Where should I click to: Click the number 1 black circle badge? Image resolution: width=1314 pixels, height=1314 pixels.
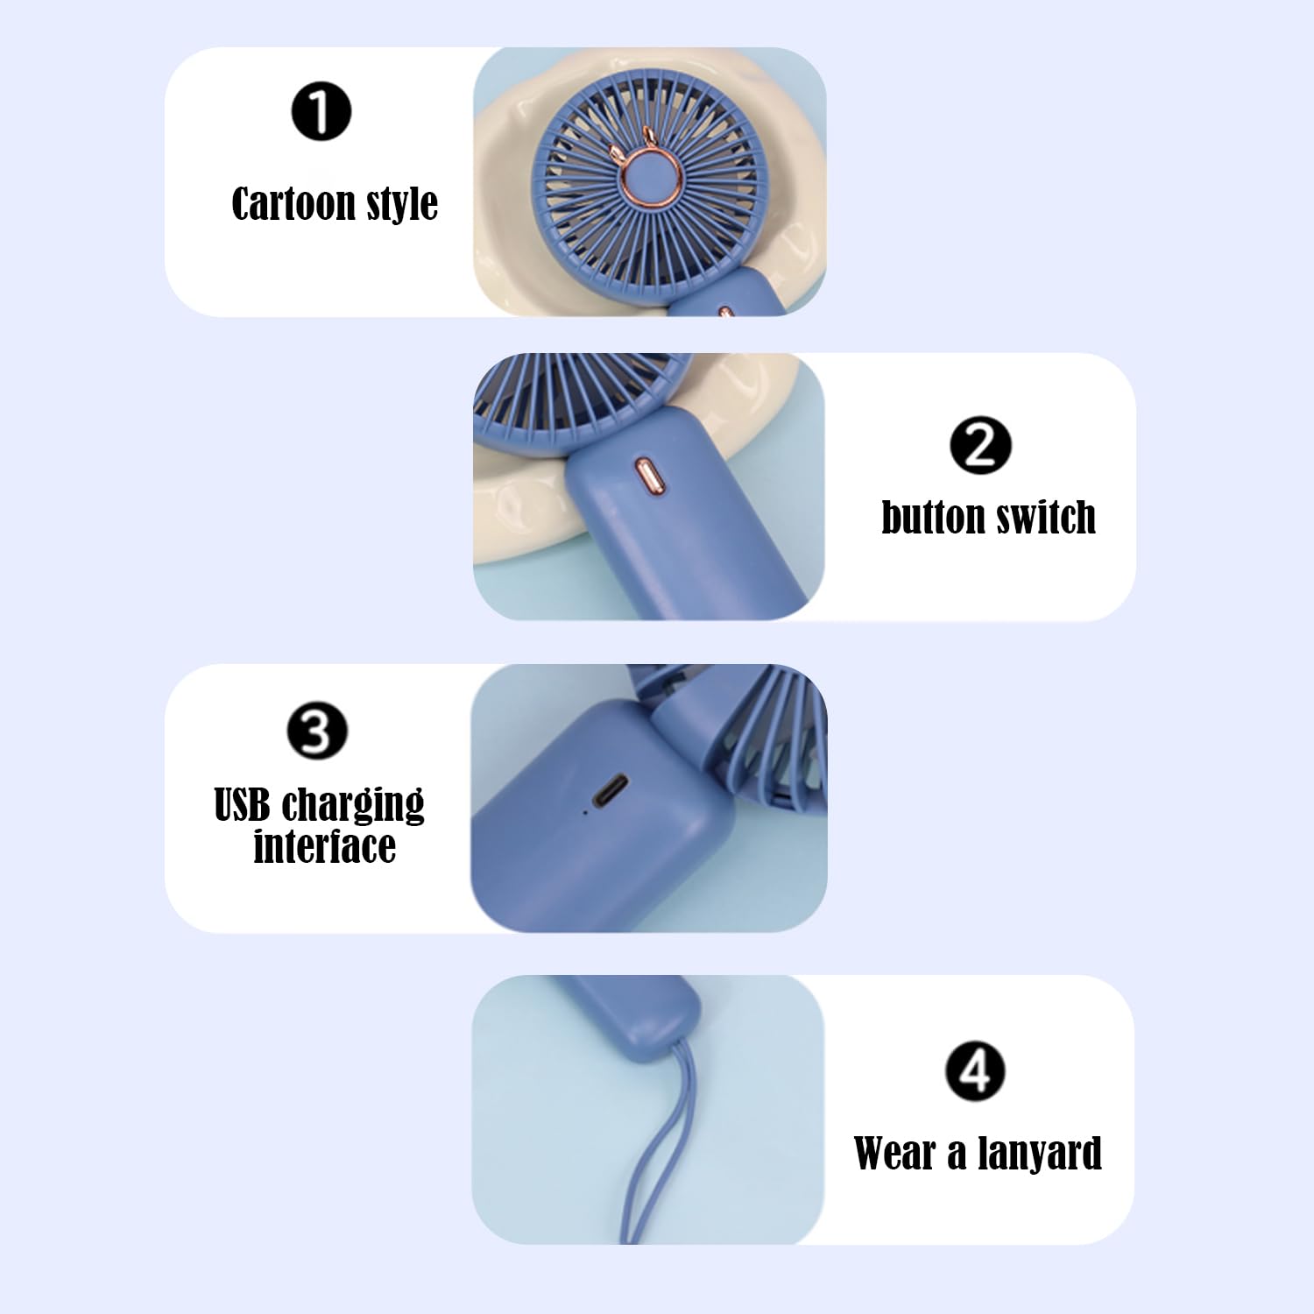pyautogui.click(x=321, y=111)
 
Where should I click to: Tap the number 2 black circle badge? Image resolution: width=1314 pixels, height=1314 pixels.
pyautogui.click(x=980, y=445)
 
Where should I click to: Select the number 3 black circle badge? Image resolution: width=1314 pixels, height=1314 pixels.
pyautogui.click(x=317, y=731)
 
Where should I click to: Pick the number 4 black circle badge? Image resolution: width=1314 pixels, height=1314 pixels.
pyautogui.click(x=975, y=1070)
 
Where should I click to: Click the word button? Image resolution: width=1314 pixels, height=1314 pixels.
pyautogui.click(x=932, y=518)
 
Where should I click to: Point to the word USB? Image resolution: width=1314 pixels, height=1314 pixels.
pyautogui.click(x=242, y=805)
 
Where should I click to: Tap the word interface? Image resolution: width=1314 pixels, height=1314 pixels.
pyautogui.click(x=324, y=847)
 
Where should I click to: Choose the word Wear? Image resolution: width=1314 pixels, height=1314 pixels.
pyautogui.click(x=894, y=1153)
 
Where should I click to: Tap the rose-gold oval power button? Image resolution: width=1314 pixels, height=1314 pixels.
pyautogui.click(x=646, y=477)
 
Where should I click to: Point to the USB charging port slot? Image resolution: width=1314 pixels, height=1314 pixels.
pyautogui.click(x=610, y=790)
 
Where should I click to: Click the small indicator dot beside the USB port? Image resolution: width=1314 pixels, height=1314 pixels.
pyautogui.click(x=585, y=812)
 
